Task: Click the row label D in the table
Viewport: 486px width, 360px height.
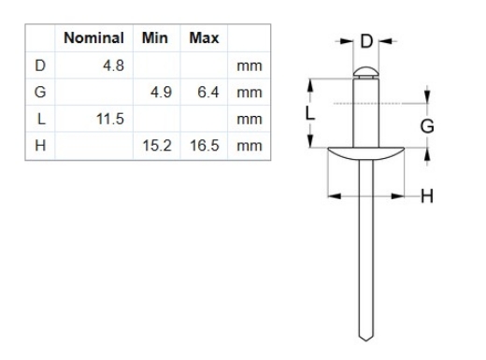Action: (x=40, y=67)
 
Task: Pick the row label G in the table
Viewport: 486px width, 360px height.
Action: (x=40, y=94)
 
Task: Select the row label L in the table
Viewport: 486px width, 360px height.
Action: (x=40, y=120)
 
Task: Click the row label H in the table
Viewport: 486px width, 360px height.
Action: (x=40, y=146)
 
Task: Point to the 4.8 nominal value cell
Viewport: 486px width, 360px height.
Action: (x=113, y=67)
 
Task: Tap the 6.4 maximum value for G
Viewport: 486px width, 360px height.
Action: (x=208, y=94)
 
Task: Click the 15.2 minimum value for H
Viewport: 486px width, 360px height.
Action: (x=157, y=146)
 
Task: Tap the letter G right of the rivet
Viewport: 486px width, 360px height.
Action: (x=428, y=124)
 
